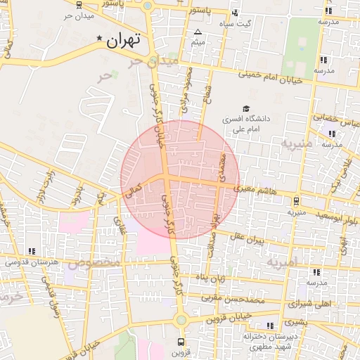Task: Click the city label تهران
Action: coord(124,41)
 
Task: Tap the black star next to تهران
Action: coord(100,38)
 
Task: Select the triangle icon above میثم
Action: coord(198,32)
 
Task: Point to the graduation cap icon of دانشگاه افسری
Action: coord(245,108)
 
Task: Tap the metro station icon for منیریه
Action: coord(296,200)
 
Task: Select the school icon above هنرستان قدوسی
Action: coord(31,250)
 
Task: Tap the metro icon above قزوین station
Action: coord(181,342)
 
